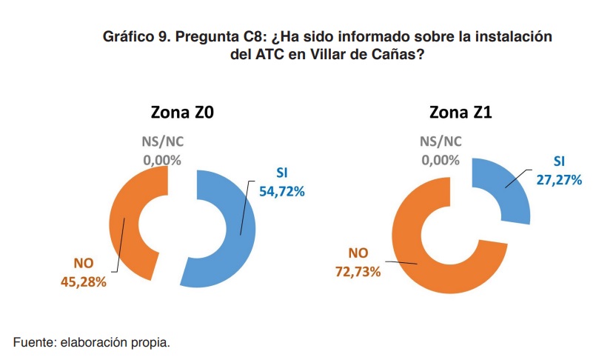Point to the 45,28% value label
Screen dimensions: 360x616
[83, 281]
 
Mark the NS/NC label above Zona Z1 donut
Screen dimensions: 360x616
[441, 142]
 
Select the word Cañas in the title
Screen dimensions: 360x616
[401, 55]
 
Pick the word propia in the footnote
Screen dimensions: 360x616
[152, 342]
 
